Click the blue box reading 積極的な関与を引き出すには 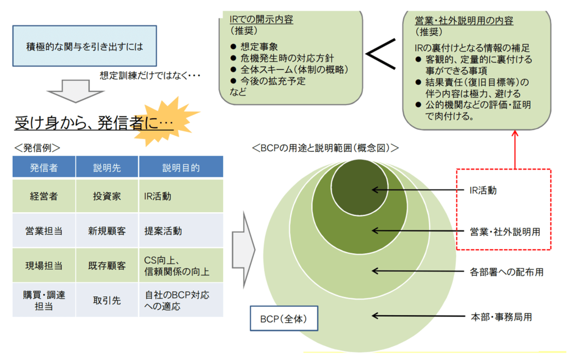tap(85, 46)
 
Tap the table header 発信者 tap(44, 167)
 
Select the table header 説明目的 tap(181, 167)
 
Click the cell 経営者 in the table tap(44, 196)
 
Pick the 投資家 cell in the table tap(107, 196)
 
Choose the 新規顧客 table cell tap(107, 231)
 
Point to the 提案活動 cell tap(181, 231)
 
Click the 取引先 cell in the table tap(107, 300)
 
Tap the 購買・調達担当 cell tap(44, 300)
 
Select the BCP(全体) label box tap(284, 318)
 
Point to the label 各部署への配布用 tap(506, 272)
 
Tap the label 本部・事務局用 tap(501, 317)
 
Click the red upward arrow tap(515, 150)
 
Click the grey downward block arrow tap(75, 91)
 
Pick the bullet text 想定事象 tap(259, 47)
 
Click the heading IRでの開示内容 tap(261, 19)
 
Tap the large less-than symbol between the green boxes tap(381, 54)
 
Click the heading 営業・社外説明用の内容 tap(464, 20)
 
